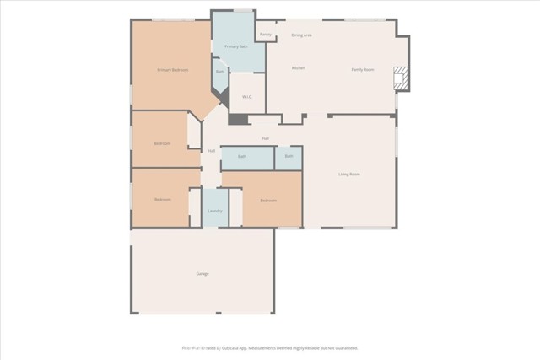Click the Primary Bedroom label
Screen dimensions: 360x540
(x=172, y=69)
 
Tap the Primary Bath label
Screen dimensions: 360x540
(x=236, y=46)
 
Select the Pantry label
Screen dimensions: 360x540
(x=265, y=35)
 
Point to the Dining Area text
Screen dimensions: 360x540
(x=301, y=35)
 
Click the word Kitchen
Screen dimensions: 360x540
(x=298, y=68)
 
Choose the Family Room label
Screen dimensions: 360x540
(x=363, y=69)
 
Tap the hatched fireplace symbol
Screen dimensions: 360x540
(x=401, y=79)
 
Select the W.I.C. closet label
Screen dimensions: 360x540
(x=247, y=97)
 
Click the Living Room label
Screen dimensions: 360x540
(x=349, y=175)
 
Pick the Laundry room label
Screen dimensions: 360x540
(x=215, y=210)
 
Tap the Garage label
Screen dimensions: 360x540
(x=202, y=274)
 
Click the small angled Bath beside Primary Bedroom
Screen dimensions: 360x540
(x=219, y=73)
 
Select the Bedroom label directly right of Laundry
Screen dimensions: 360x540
(x=268, y=201)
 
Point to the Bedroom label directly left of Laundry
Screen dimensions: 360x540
(x=162, y=200)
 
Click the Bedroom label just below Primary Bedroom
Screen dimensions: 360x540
(x=162, y=143)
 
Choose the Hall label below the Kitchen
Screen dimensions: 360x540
(x=265, y=138)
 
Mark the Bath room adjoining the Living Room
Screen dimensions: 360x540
(x=289, y=156)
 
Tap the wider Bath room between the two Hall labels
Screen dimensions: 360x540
(x=242, y=157)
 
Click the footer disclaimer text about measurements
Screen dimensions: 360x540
(x=270, y=347)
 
